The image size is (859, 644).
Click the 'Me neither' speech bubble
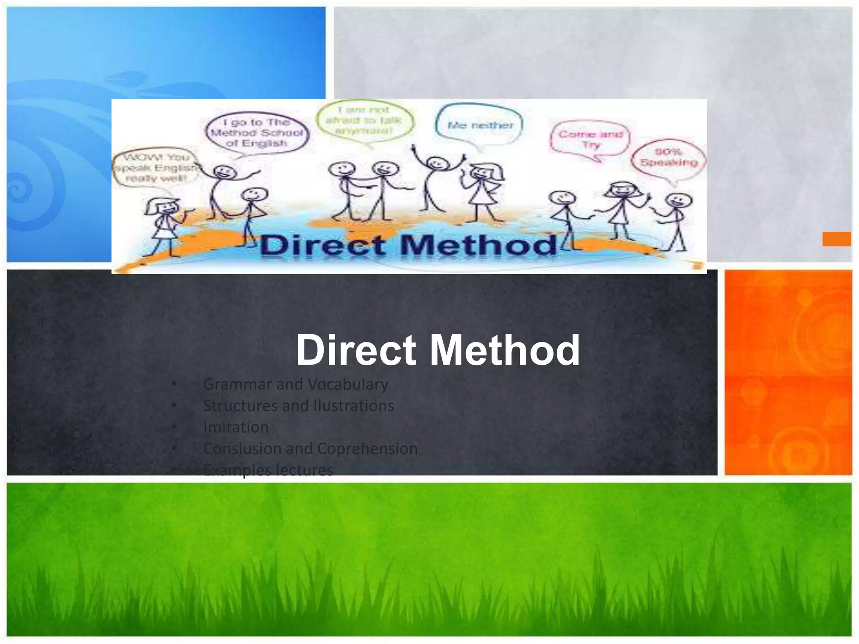tap(480, 125)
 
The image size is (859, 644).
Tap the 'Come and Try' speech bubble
tap(590, 139)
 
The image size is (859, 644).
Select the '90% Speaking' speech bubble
tap(669, 157)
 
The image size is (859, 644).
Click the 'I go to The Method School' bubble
tap(257, 132)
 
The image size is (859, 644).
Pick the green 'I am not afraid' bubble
tap(364, 120)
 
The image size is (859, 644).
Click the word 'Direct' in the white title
tap(356, 350)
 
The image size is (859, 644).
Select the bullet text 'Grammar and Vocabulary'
tap(295, 384)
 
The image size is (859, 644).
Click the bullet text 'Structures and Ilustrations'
tap(298, 405)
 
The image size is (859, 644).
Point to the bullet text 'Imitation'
tap(236, 427)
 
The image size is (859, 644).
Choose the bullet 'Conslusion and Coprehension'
tap(310, 449)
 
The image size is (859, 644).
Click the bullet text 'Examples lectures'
tap(268, 470)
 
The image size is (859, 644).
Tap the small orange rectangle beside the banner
tap(836, 239)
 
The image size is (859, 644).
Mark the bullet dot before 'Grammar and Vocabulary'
tap(174, 384)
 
